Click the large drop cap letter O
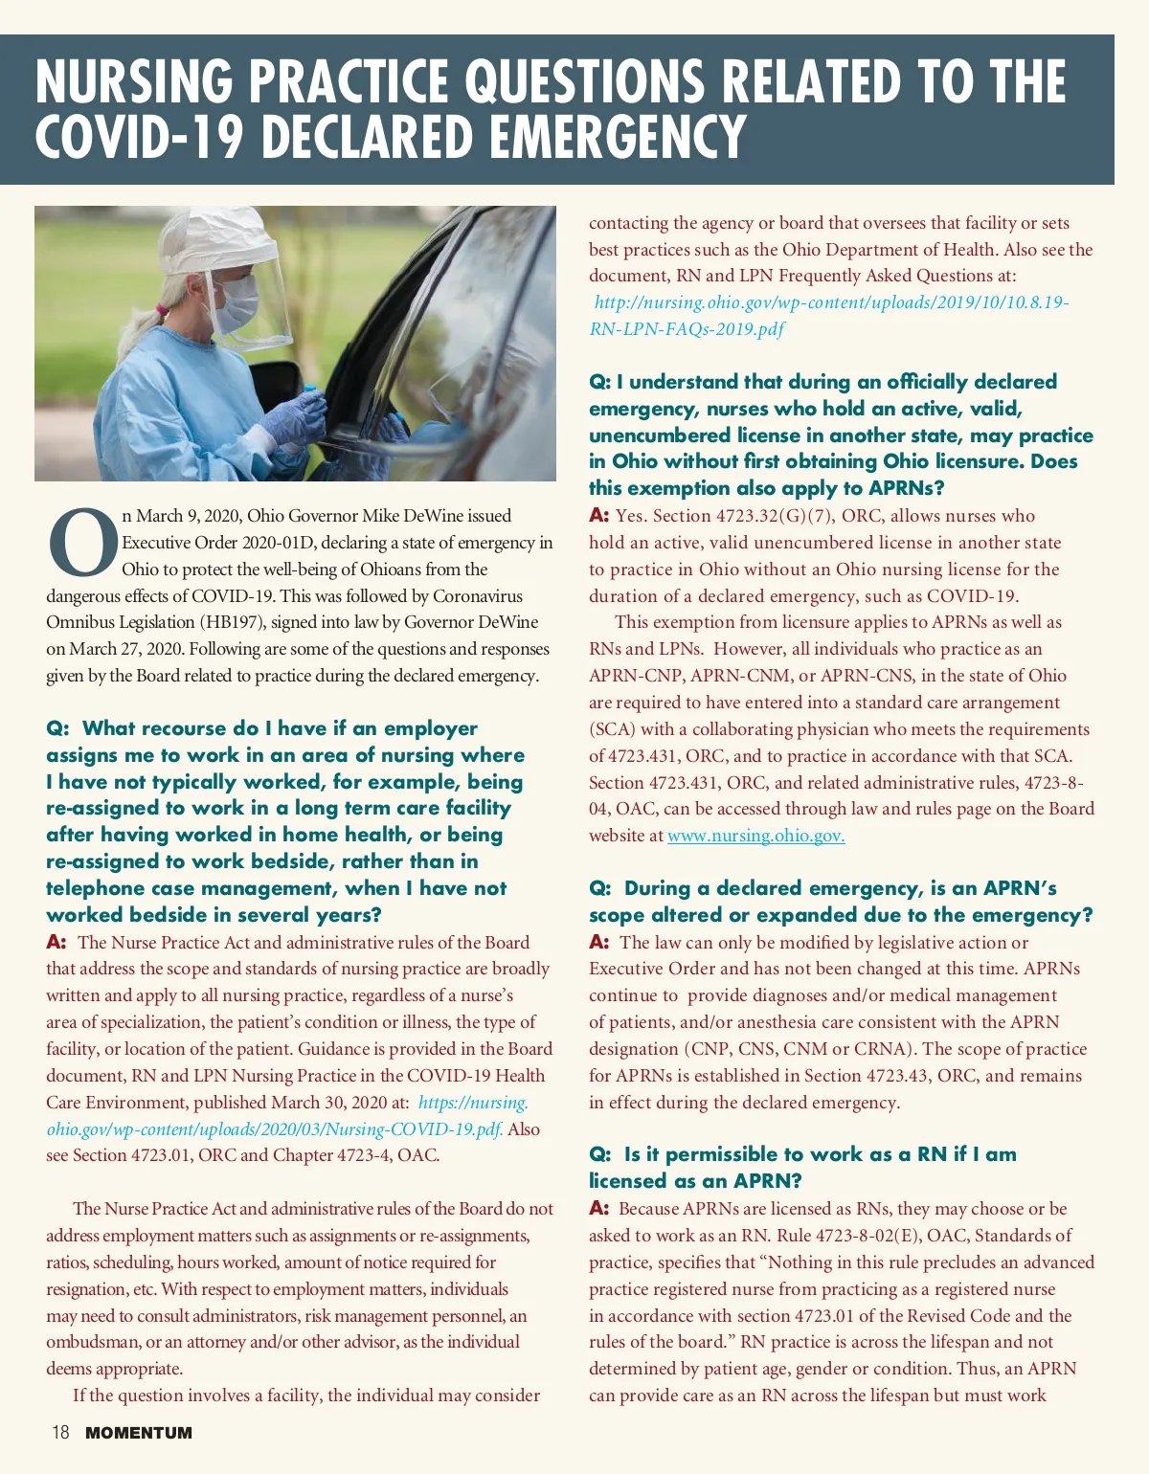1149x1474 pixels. [x=83, y=542]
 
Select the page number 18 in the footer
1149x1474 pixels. [x=60, y=1433]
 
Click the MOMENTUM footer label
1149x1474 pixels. [x=139, y=1433]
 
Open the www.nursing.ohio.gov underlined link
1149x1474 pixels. [x=755, y=836]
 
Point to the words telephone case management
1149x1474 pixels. [x=187, y=888]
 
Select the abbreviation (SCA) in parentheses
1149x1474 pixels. [x=612, y=729]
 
